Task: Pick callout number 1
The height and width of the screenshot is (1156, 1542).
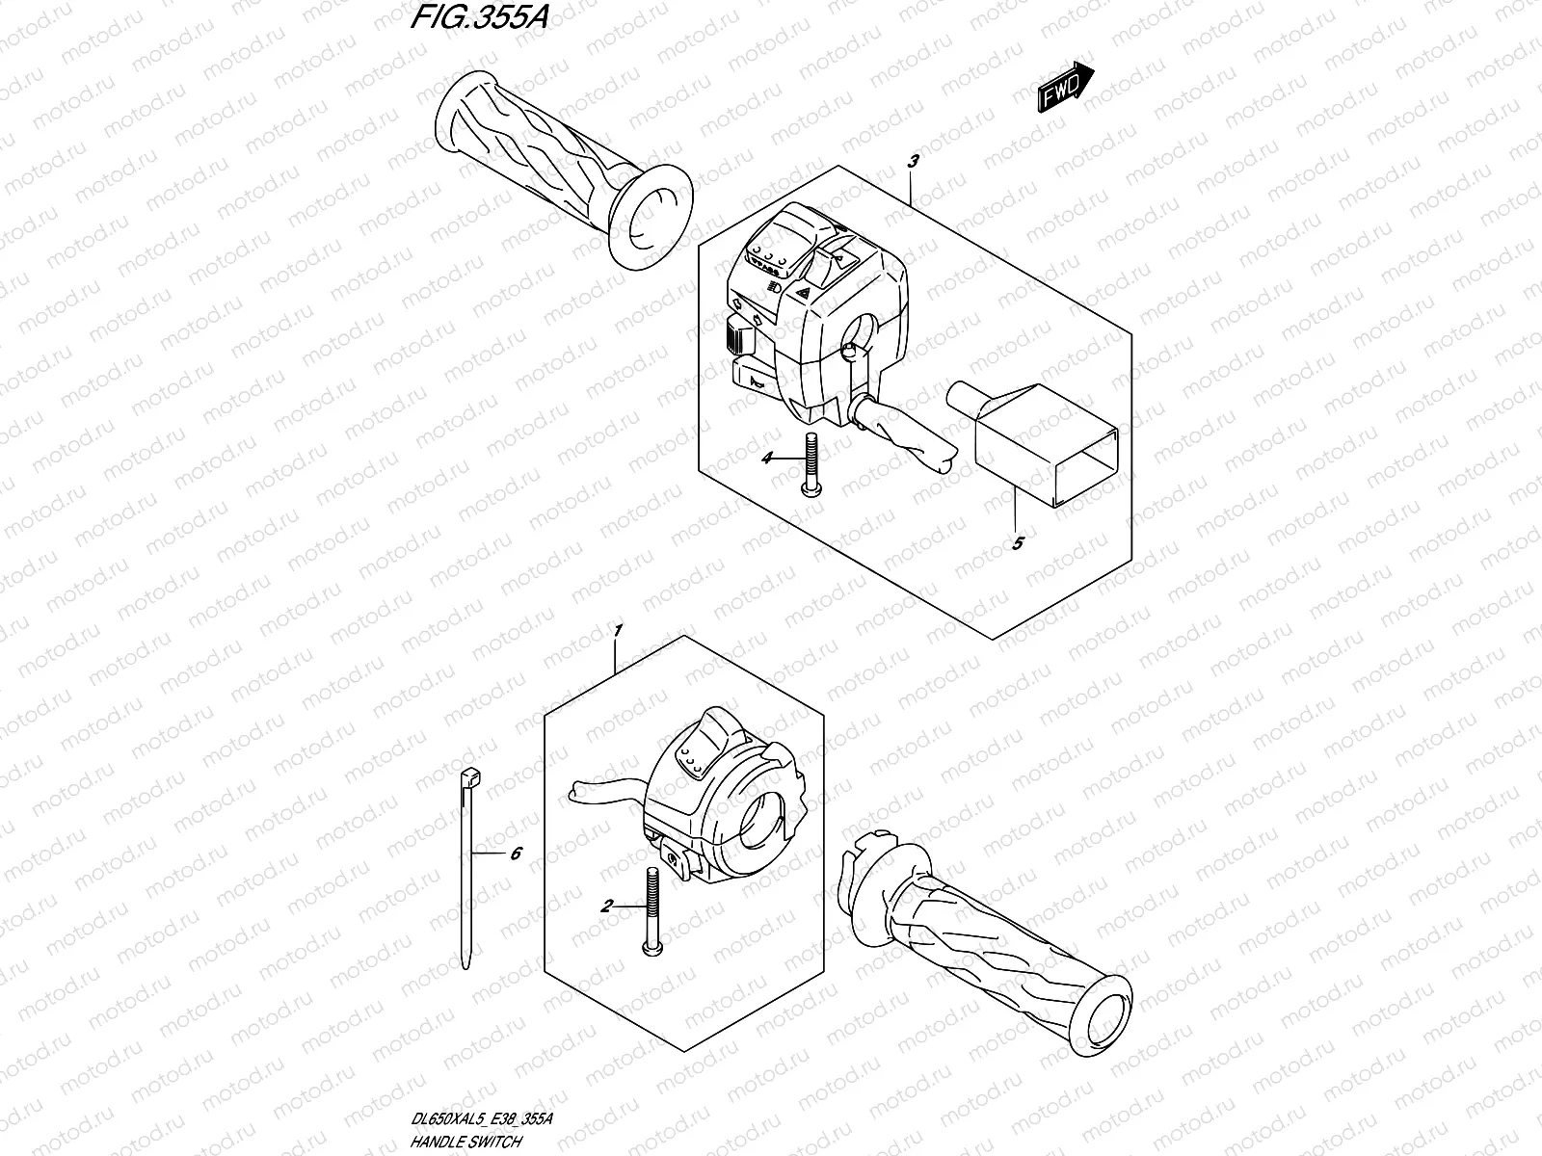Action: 618,630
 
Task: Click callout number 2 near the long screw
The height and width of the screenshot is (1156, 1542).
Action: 606,906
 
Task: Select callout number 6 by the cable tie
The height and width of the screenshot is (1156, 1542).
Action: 516,853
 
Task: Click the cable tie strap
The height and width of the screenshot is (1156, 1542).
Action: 466,867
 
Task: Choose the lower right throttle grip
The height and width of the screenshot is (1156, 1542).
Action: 1002,954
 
